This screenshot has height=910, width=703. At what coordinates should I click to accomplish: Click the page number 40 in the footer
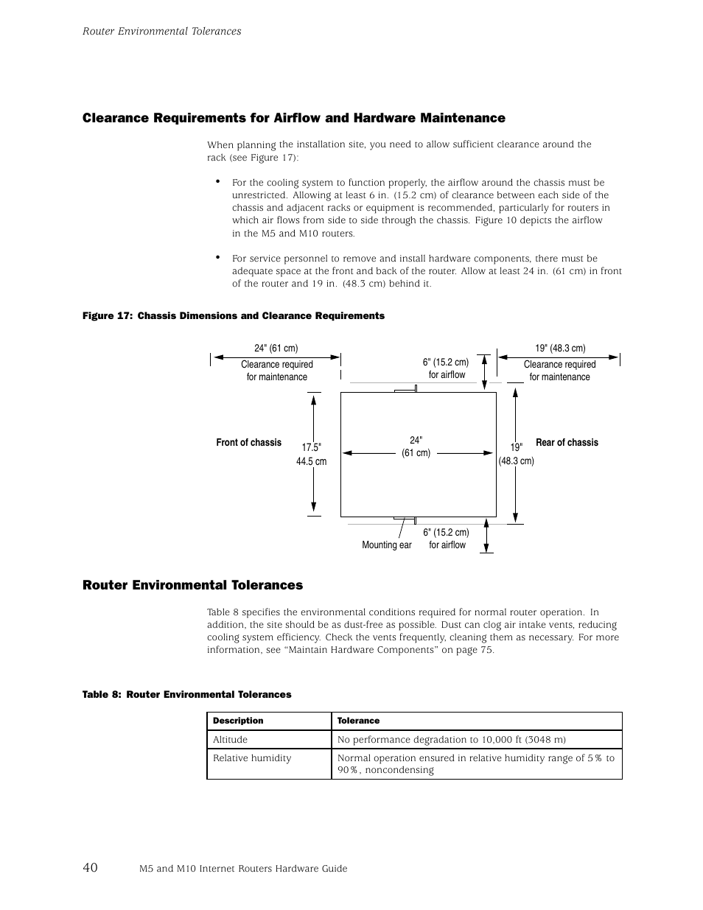pos(90,867)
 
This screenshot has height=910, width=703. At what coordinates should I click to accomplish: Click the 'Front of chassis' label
pos(248,443)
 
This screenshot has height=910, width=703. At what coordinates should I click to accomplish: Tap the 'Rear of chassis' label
pos(567,443)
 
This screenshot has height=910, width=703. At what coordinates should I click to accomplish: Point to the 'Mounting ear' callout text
pos(386,545)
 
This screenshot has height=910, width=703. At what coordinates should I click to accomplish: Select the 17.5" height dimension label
pos(312,448)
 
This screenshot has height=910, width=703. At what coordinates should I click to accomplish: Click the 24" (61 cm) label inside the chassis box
pos(416,447)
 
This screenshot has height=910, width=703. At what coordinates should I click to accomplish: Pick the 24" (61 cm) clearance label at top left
pos(276,349)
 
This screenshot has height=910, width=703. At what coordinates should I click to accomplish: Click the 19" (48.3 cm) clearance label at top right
pos(560,349)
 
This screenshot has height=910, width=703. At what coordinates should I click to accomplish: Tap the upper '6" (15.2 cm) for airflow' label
pos(446,368)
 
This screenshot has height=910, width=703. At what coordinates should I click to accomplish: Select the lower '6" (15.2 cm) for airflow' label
pos(447,539)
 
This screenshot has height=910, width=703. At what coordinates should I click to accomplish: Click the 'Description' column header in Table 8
pos(238,721)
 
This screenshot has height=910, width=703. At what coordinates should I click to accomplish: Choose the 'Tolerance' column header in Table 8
pos(358,721)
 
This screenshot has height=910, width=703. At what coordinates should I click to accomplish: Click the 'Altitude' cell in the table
pos(230,740)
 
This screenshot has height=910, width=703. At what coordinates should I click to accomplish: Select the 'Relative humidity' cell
pos(252,758)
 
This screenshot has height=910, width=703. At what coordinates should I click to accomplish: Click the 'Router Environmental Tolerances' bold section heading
pos(192,585)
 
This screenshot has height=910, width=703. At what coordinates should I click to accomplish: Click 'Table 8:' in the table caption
pos(102,695)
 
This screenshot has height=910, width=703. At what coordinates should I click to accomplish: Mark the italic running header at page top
pos(161,31)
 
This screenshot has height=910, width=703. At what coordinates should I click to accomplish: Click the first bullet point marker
pos(218,181)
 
